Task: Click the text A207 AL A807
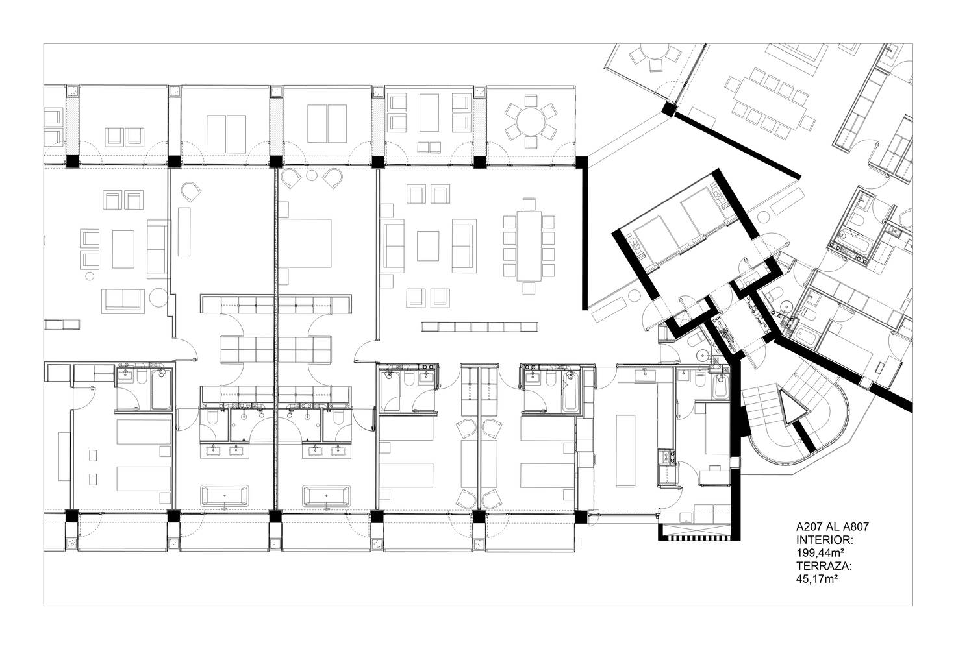click(832, 526)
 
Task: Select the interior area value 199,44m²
click(821, 553)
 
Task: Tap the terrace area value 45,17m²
click(818, 579)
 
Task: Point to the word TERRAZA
click(824, 567)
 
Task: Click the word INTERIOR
click(825, 540)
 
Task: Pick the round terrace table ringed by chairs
click(531, 121)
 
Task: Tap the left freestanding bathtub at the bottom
click(225, 496)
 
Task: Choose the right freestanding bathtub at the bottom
click(327, 496)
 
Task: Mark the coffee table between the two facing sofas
click(427, 245)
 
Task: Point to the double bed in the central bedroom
click(305, 243)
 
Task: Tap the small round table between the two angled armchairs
click(312, 175)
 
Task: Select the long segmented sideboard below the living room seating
click(479, 326)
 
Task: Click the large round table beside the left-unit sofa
click(158, 297)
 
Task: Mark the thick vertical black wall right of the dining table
click(585, 233)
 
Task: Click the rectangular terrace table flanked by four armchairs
click(429, 112)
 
